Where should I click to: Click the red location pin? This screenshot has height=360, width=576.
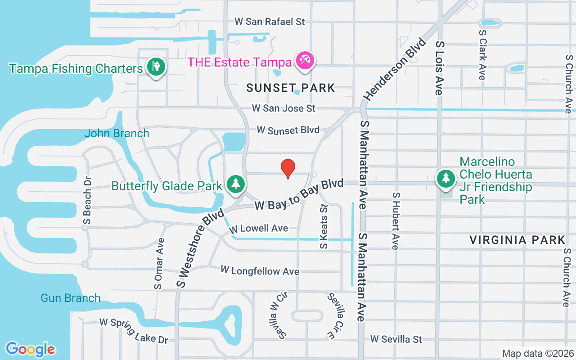pos(288,168)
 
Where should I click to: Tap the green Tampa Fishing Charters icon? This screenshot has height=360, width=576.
pos(156,67)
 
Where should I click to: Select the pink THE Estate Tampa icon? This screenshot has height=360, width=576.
pos(305,60)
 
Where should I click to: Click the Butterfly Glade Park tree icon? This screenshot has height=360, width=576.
pos(235,184)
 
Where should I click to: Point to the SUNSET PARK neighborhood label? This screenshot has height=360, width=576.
pos(291,88)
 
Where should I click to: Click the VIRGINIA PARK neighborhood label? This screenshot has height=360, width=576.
pos(517,240)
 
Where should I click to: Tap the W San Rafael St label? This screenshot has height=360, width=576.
pos(270,22)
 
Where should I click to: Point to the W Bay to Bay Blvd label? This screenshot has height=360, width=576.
pos(299,195)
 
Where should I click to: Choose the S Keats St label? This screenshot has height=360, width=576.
pos(324,226)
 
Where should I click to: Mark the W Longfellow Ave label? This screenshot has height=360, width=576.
pos(260,271)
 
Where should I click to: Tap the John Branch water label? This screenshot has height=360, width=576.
pos(117,133)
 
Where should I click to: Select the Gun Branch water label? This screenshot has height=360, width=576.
pos(71,298)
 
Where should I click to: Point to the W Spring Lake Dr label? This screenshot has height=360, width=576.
pos(134,330)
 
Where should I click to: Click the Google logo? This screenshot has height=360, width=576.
pos(30,349)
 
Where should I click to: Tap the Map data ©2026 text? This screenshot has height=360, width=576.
pos(538,353)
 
